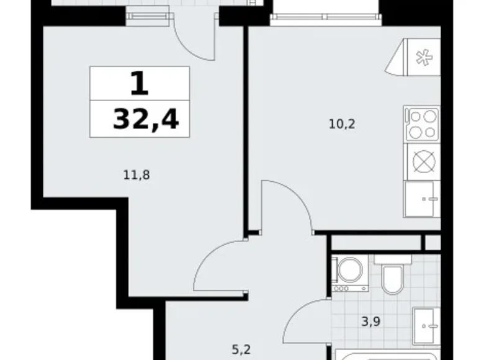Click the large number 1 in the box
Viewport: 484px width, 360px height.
140,83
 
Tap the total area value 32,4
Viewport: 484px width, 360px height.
146,120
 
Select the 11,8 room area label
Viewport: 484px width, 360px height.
137,176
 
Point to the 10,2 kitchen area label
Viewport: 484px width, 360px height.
342,124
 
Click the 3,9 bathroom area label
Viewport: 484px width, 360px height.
370,322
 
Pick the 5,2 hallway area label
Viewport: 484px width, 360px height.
241,350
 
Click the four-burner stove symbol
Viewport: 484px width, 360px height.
422,124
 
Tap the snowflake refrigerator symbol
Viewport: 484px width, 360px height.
424,58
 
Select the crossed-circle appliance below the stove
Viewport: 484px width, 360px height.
424,161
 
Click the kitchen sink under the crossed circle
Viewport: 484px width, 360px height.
422,199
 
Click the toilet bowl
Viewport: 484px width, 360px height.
392,275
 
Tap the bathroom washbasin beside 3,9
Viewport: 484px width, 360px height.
426,326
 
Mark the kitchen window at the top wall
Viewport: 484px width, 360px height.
326,20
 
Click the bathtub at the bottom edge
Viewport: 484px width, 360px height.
387,354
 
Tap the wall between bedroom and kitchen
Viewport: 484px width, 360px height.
246,128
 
